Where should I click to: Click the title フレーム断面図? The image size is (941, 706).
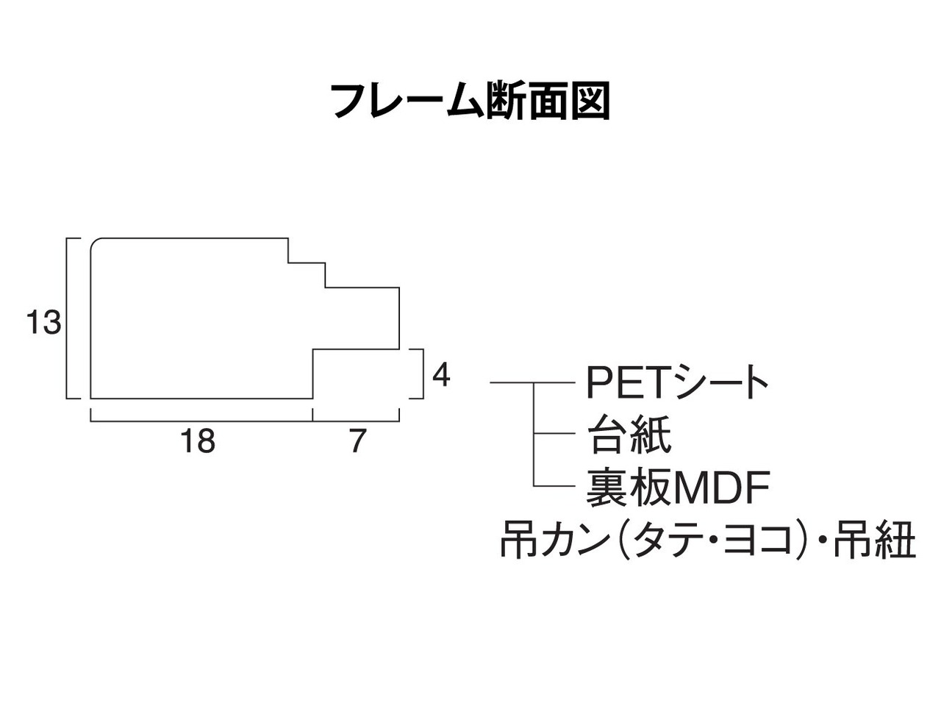pos(470,101)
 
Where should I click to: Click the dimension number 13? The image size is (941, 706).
pos(43,323)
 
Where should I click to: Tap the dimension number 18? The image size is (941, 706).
pos(198,442)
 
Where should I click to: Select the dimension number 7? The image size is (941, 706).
pos(357,442)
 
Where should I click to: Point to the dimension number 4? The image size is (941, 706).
pos(440,376)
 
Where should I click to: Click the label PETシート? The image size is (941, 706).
pos(677,382)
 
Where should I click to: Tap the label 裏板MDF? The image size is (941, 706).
pos(677,488)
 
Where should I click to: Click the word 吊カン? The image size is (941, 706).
pos(554,542)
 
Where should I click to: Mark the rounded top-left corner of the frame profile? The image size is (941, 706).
pos(95,243)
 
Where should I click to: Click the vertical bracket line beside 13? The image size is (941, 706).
pos(68,318)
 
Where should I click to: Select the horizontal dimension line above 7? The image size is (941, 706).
pos(356,421)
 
